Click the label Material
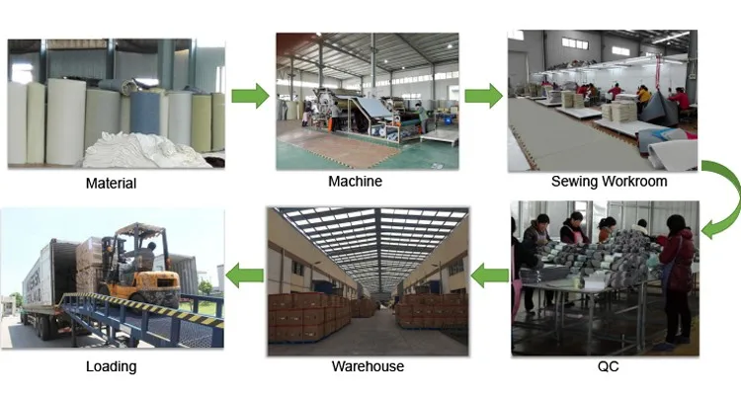pos(111,183)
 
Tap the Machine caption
pos(355,181)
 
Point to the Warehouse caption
pos(367,366)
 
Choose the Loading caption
pos(111,366)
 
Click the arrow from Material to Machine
pos(250,96)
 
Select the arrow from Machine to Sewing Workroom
pos(483,96)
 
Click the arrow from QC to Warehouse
pos(489,276)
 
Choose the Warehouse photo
pos(367,280)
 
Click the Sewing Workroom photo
pos(602,99)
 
